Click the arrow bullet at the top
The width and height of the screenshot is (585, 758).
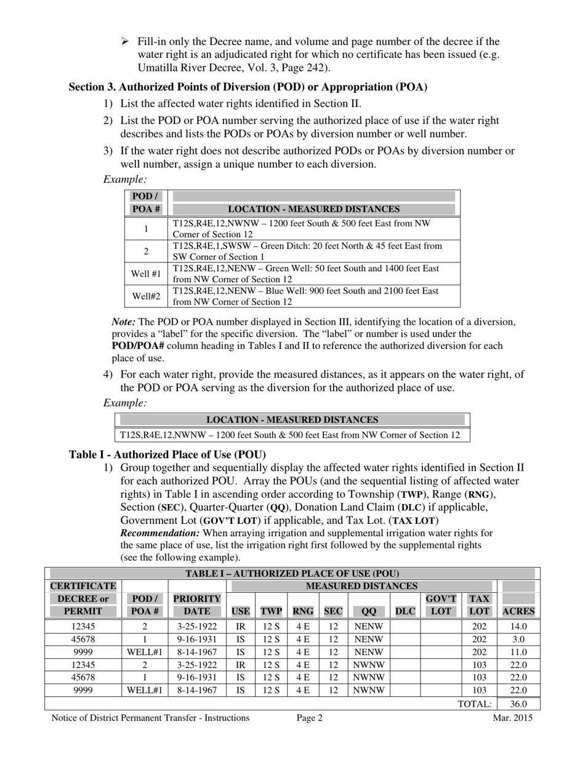point(124,41)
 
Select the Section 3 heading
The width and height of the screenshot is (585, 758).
point(248,87)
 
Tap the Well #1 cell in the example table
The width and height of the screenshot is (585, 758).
point(146,274)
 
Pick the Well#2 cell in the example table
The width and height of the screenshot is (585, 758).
point(146,296)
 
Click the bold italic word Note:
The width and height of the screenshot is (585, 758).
point(124,322)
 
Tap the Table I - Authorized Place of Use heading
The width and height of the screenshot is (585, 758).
point(167,455)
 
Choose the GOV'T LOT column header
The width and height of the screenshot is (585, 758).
point(441,605)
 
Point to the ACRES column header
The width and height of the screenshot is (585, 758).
point(518,612)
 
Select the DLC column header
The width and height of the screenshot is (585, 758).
point(405,612)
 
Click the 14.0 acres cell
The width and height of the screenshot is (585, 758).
point(518,626)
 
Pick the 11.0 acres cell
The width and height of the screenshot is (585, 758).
point(518,652)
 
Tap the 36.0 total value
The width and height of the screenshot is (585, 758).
point(518,704)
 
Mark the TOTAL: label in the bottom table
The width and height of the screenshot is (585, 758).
point(474,704)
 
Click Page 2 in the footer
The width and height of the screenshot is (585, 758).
point(309,717)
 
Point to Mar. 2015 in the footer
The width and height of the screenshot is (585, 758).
point(512,717)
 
